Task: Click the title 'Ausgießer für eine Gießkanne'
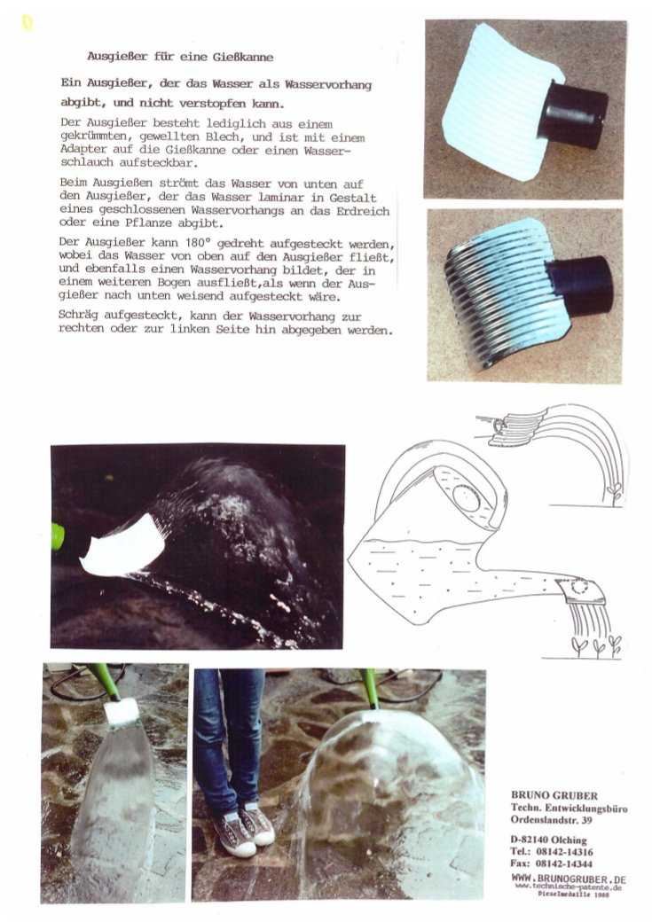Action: (x=180, y=57)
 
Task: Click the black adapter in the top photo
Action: (x=572, y=114)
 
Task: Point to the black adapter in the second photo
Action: (x=583, y=285)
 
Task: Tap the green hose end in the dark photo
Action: (x=57, y=535)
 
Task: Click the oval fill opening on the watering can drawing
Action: (x=466, y=497)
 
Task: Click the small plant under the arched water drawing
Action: (x=615, y=492)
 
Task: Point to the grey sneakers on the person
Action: (x=244, y=827)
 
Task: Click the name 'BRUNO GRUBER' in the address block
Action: (x=554, y=795)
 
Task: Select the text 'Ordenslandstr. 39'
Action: (x=551, y=820)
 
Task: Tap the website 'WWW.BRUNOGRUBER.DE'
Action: (x=569, y=879)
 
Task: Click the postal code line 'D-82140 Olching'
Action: (x=548, y=840)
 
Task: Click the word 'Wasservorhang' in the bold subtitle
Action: (x=328, y=85)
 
